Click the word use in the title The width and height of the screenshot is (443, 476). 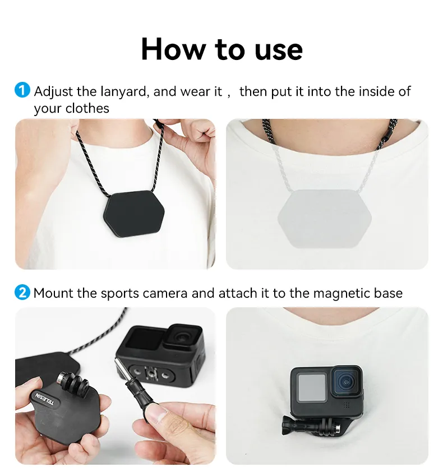coord(279,49)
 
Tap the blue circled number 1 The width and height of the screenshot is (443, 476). coord(22,90)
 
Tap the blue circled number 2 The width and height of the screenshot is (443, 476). coord(22,292)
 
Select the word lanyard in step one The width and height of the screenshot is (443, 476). coord(122,91)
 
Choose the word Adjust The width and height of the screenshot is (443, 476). coord(53,91)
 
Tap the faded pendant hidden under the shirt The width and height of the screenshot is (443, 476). coord(327,216)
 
